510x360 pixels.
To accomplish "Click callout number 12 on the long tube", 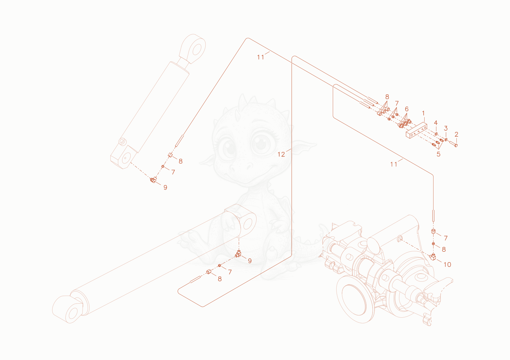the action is tap(281, 155).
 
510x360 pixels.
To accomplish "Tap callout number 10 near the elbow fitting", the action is tap(448, 265).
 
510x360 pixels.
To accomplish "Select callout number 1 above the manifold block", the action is tap(423, 113).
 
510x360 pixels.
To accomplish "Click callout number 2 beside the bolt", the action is tap(456, 134).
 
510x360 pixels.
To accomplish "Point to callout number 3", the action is tap(446, 128).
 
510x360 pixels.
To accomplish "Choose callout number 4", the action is tap(436, 123).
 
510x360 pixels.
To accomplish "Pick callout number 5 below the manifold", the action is tap(439, 154).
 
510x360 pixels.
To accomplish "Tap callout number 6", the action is tap(407, 109).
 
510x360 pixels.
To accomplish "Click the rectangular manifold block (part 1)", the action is tap(416, 130).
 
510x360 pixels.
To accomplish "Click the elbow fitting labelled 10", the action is tap(433, 257).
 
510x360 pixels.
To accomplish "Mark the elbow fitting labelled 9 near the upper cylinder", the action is tap(153, 180).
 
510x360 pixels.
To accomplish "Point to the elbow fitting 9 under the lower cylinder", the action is tap(238, 254).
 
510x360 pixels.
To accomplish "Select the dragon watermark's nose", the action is tap(241, 168).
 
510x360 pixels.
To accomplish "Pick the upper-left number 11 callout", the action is tap(261, 57).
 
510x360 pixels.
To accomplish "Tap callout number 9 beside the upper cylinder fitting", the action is tap(165, 188).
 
